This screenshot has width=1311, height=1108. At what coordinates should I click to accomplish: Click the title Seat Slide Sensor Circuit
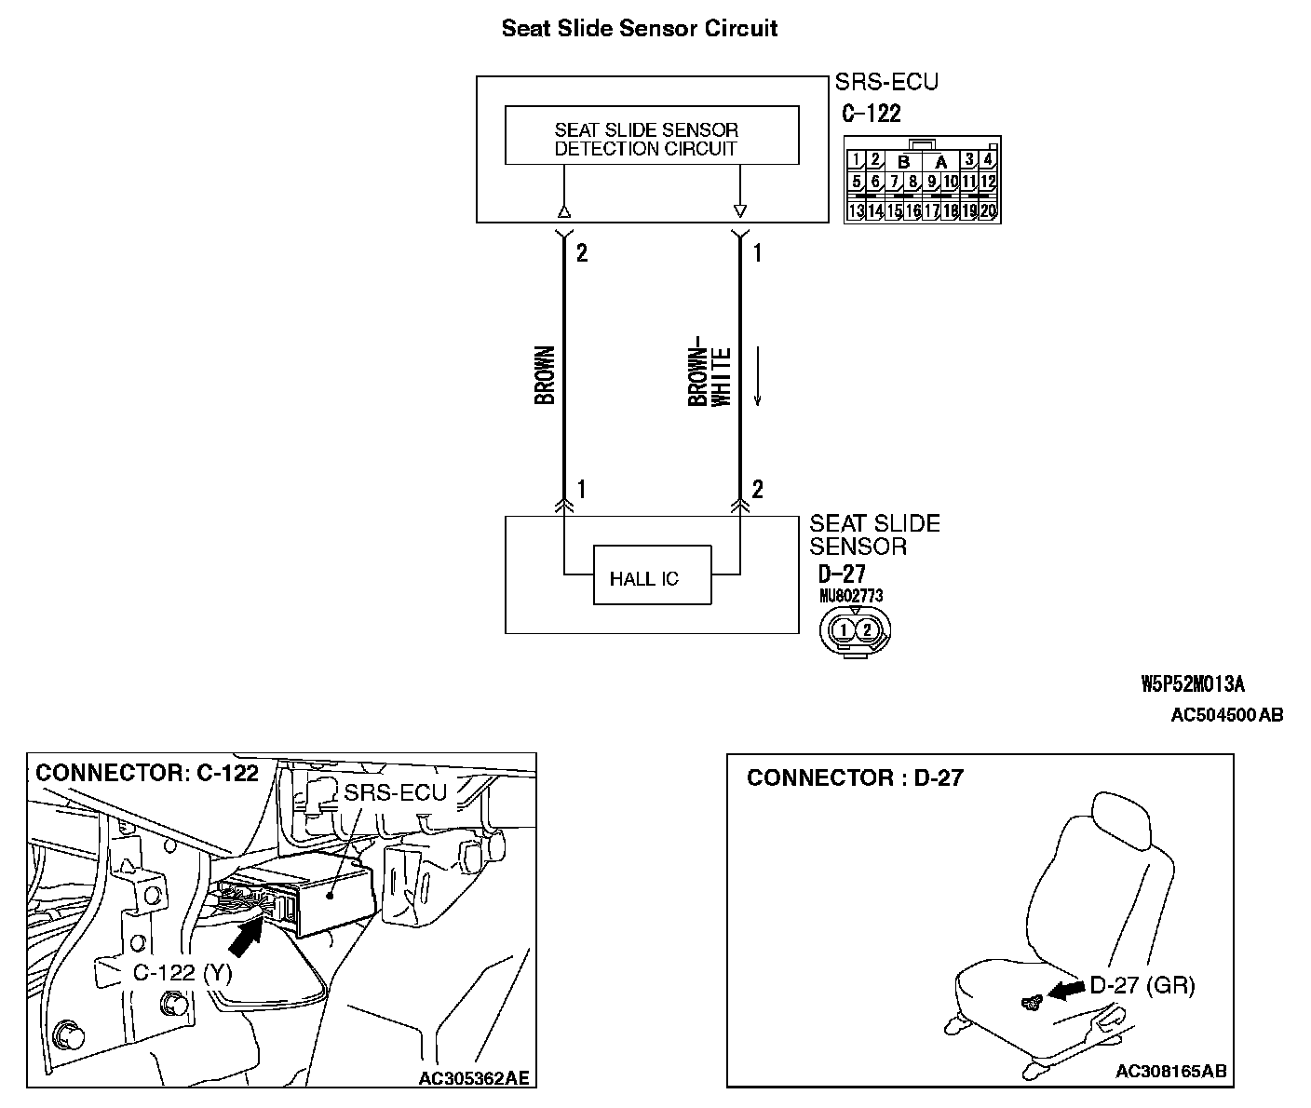point(640,29)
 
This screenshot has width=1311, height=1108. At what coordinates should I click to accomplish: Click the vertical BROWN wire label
point(546,375)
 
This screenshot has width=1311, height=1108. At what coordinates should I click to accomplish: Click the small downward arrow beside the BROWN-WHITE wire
point(758,376)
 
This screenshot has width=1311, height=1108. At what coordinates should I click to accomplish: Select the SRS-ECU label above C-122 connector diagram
point(886,82)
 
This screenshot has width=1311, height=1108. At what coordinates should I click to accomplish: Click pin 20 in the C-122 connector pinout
point(989,211)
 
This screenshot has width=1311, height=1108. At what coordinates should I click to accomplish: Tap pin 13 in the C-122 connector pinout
point(856,211)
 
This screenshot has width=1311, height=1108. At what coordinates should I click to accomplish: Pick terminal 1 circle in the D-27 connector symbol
point(843,630)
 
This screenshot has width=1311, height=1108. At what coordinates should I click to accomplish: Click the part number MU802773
point(851,596)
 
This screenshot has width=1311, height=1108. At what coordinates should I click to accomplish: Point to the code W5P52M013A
point(1193,685)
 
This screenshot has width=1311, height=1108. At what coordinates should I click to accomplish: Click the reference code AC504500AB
point(1226,715)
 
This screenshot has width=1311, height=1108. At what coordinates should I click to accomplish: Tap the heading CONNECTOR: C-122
point(147,774)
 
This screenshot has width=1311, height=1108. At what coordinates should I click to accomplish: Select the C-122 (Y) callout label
point(182,973)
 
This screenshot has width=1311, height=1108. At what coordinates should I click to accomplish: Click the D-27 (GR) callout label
point(1142,985)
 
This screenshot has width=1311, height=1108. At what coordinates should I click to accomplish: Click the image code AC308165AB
point(1170,1071)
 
